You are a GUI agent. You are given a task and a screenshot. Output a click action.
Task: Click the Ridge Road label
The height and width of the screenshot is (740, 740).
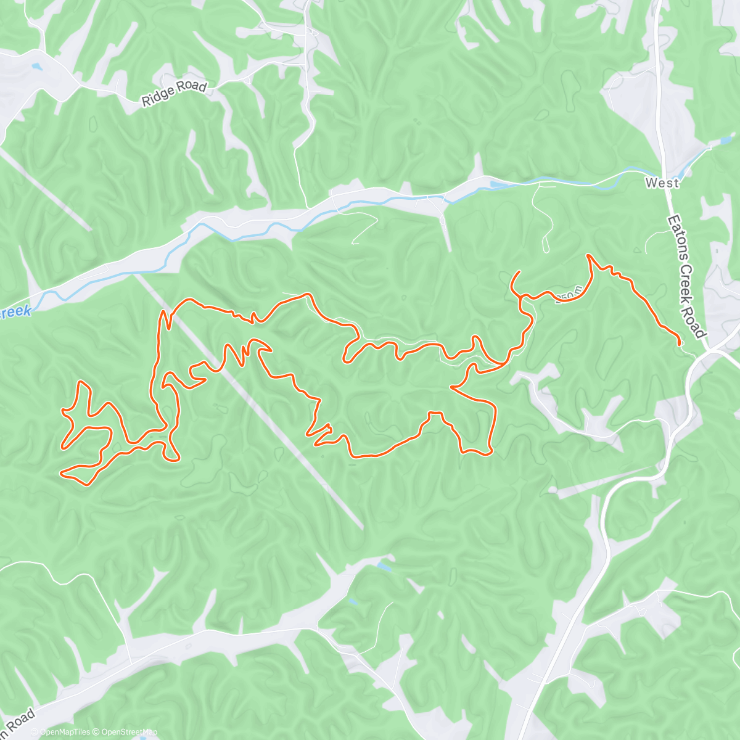click(x=173, y=93)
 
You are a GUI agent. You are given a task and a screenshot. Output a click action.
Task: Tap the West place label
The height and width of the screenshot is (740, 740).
click(x=662, y=183)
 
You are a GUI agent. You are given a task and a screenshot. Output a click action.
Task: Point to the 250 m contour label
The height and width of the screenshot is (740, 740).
click(x=568, y=297)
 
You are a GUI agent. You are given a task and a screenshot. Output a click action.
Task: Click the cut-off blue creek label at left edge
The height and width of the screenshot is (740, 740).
click(x=15, y=312)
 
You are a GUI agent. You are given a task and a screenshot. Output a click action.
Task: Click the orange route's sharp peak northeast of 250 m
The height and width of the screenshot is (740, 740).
click(x=588, y=255)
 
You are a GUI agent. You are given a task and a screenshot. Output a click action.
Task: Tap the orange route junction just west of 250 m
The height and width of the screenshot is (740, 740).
click(x=522, y=298)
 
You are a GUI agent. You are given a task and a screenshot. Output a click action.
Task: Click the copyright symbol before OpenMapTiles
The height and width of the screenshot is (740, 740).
click(x=35, y=732)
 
